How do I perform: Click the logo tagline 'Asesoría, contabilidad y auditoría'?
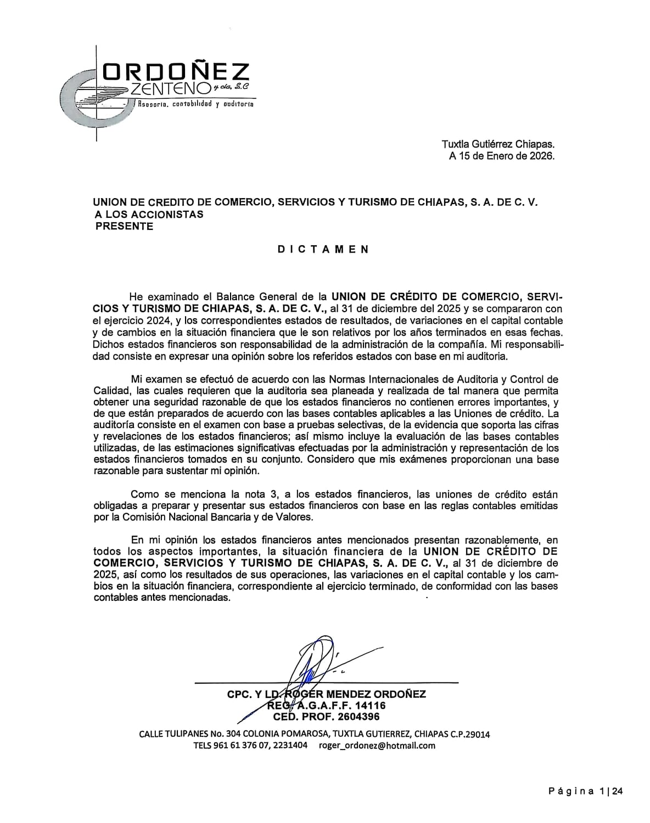[195, 104]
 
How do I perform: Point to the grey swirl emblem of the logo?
[96, 99]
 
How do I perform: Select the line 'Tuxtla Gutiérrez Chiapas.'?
[498, 144]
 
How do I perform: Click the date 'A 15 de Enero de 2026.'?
[502, 156]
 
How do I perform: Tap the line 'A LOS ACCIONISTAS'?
[149, 214]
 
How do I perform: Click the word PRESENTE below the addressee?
[124, 226]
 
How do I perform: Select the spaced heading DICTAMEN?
[323, 249]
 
